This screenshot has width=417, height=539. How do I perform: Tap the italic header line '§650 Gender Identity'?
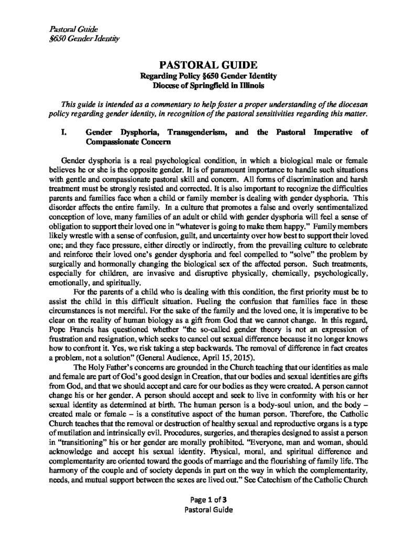(x=84, y=38)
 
